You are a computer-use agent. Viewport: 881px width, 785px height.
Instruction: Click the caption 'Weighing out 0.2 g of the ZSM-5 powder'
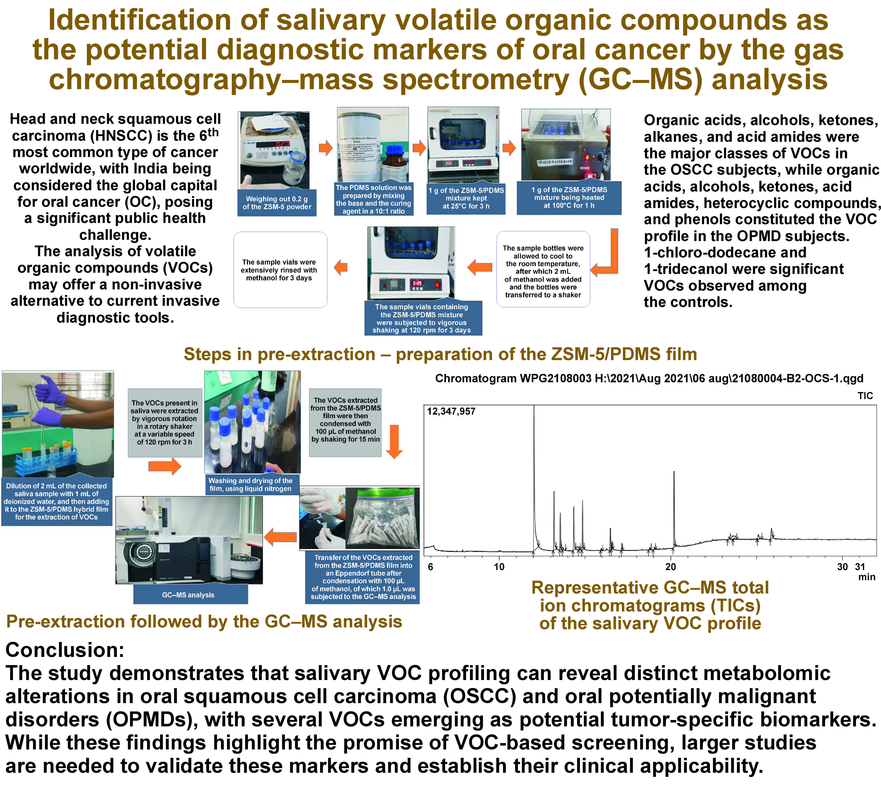click(276, 203)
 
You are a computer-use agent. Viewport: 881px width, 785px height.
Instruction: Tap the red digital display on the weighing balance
click(282, 144)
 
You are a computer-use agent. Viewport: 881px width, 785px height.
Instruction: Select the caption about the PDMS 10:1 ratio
click(373, 199)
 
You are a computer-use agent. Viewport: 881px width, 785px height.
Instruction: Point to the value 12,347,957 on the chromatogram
click(451, 411)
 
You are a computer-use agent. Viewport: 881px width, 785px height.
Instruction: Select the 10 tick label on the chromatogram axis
click(499, 567)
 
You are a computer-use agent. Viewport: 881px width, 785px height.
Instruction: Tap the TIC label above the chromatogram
click(865, 396)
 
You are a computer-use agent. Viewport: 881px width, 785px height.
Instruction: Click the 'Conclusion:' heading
click(65, 650)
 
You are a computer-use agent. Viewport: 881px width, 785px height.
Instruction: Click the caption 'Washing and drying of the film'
click(251, 484)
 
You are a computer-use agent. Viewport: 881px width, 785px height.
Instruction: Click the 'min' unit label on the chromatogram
click(866, 577)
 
